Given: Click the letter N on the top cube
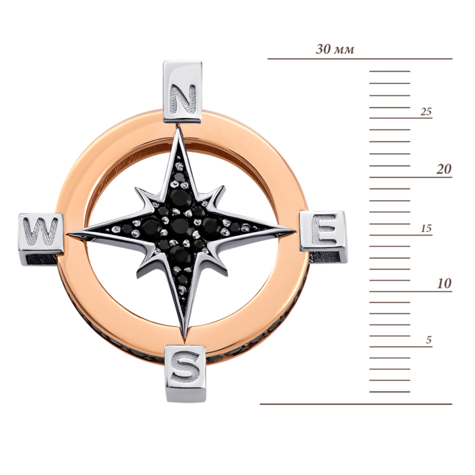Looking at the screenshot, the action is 183,99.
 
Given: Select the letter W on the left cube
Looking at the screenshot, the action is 41,232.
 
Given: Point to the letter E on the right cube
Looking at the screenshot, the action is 324,229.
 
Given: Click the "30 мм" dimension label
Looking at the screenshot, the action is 335,49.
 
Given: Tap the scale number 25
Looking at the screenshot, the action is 425,112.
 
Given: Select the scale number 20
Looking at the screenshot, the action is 444,169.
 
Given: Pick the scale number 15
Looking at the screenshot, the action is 426,229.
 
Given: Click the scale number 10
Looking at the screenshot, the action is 444,284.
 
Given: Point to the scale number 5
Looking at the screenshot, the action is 428,340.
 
